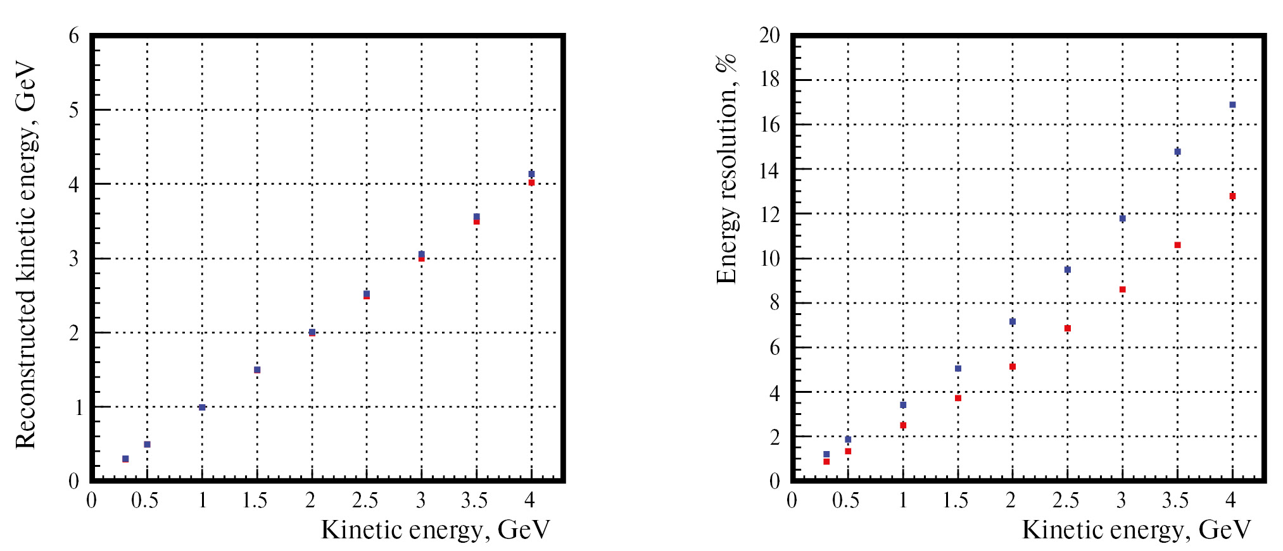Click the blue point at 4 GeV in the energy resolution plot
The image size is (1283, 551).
pos(1232,105)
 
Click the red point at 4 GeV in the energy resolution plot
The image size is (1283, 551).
pos(1232,196)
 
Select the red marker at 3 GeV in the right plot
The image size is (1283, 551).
pos(1122,290)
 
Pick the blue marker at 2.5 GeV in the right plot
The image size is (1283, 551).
pos(1067,269)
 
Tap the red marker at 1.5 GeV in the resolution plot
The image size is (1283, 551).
pos(958,398)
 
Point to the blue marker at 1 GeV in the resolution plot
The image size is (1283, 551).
pos(903,405)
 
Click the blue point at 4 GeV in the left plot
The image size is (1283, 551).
pos(531,173)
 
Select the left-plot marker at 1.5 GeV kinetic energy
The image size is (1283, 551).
pos(257,370)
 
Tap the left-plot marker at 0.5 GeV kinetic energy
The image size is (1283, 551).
pos(147,444)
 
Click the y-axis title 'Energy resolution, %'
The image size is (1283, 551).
pos(726,170)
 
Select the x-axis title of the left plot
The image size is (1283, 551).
pos(436,530)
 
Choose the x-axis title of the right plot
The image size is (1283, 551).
pos(1136,530)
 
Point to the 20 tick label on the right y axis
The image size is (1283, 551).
pos(769,35)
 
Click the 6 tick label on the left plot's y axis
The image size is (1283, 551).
pos(74,36)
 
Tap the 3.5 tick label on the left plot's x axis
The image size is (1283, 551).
pos(474,501)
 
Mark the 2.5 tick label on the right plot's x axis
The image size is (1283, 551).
pos(1066,501)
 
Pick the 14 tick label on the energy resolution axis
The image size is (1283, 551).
pos(769,170)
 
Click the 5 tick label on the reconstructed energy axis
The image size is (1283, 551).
pos(74,110)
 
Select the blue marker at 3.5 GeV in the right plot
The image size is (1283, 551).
pos(1177,152)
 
